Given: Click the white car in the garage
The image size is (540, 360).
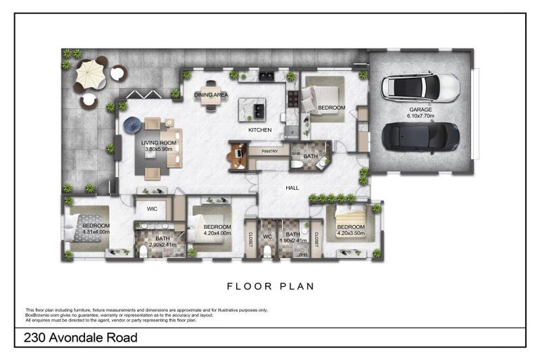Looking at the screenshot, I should [420, 88].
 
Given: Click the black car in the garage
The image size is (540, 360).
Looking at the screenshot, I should [420, 136].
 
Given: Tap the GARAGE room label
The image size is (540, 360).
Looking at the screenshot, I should [420, 110].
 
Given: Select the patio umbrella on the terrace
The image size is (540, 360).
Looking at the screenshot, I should [89, 73].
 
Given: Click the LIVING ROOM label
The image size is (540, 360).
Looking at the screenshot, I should [159, 143].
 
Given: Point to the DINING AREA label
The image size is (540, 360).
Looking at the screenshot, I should [211, 95].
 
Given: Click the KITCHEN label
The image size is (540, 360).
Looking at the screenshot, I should [259, 130].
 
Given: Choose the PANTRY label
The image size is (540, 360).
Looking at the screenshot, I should [270, 151].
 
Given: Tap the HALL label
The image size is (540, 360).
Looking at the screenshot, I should [292, 188].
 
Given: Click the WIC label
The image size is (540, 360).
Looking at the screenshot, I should [151, 209].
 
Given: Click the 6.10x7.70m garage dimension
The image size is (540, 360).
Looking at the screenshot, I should [420, 116].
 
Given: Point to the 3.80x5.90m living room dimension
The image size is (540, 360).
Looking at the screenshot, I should [159, 149].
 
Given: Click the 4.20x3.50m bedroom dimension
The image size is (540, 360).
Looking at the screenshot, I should [350, 233].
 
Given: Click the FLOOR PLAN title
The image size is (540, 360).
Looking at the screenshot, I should [270, 287].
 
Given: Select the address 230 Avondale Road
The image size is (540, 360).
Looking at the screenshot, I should [81, 338].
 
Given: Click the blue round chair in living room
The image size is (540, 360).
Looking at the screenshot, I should [132, 125].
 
